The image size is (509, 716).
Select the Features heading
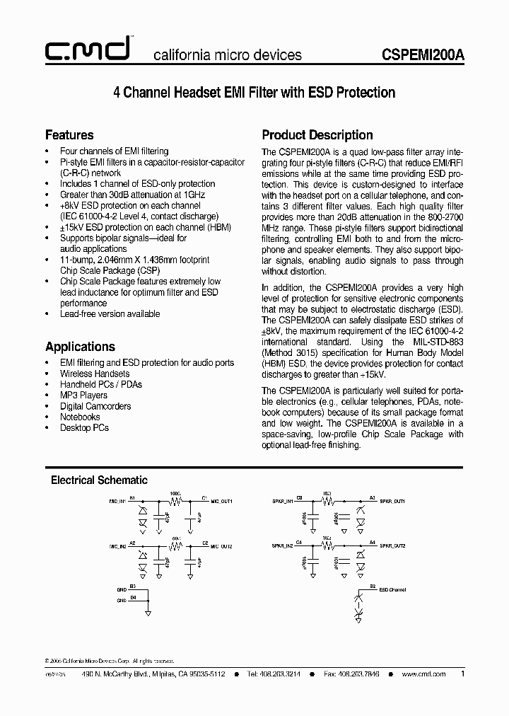pos(69,134)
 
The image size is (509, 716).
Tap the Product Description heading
pos(317,134)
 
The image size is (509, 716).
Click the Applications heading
pos(80,347)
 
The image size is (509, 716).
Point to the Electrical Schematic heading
pos(99,480)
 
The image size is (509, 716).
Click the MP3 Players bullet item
pos(83,395)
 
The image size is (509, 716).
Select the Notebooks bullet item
pos(80,417)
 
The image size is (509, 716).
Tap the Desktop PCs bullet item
pos(84,428)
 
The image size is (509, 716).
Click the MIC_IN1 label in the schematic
pos(117,501)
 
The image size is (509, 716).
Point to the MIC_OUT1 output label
pos(222,501)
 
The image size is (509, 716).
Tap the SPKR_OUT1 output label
pos(392,501)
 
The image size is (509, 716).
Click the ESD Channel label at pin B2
pos(393,589)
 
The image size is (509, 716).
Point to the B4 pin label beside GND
pos(133,599)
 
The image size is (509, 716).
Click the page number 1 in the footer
pos(462,674)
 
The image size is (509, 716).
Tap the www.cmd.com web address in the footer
pos(423,674)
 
